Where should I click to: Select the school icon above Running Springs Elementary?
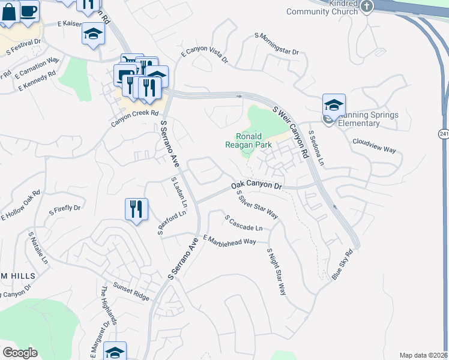pyautogui.click(x=334, y=105)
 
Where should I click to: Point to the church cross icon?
pyautogui.click(x=367, y=5)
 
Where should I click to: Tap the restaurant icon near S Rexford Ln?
pyautogui.click(x=136, y=209)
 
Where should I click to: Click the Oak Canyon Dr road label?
pyautogui.click(x=256, y=187)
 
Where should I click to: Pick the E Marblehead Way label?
pyautogui.click(x=230, y=240)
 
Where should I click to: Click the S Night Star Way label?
pyautogui.click(x=276, y=272)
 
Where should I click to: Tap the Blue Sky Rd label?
pyautogui.click(x=343, y=264)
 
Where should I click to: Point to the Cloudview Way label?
pyautogui.click(x=375, y=146)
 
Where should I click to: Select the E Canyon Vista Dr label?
pyautogui.click(x=205, y=53)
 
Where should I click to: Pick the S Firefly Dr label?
pyautogui.click(x=64, y=210)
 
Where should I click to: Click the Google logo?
pyautogui.click(x=20, y=353)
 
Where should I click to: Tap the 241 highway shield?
pyautogui.click(x=444, y=133)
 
